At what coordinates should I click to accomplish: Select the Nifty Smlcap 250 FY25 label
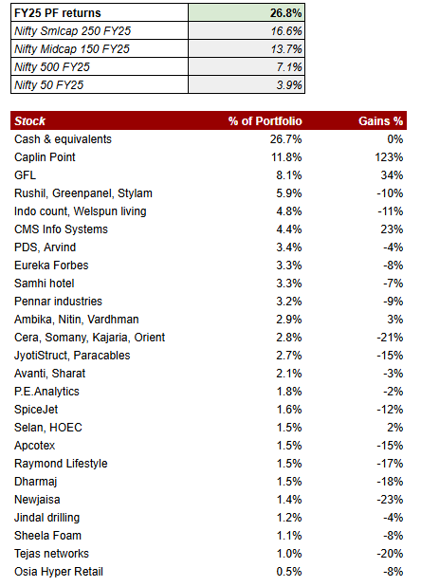click(72, 31)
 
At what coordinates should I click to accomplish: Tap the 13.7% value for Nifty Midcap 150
click(287, 49)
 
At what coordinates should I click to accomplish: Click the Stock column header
click(30, 121)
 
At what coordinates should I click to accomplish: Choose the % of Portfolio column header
click(265, 121)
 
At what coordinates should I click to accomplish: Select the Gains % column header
click(381, 121)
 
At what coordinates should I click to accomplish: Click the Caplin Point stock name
click(45, 157)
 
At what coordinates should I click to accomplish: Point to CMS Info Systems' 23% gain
click(393, 229)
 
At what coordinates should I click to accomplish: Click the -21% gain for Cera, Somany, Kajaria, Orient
click(391, 338)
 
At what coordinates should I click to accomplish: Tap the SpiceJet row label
click(37, 410)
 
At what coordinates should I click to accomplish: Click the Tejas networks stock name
click(52, 554)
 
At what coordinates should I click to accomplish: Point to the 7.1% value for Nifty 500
click(290, 67)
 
